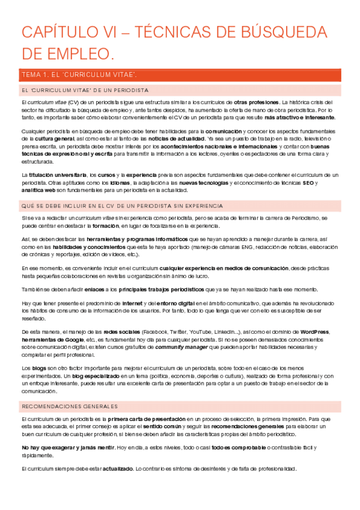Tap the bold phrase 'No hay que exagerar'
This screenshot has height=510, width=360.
48,447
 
